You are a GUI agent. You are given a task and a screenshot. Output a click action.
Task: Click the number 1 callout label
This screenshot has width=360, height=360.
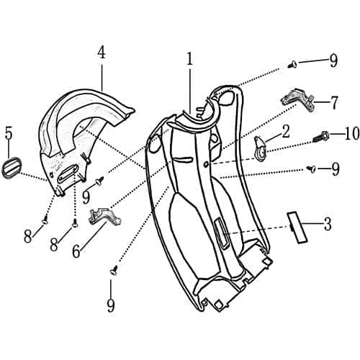pyautogui.click(x=189, y=59)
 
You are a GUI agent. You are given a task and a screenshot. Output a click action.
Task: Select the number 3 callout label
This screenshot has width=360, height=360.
pyautogui.click(x=328, y=224)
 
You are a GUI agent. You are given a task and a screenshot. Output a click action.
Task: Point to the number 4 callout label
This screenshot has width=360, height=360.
pyautogui.click(x=102, y=53)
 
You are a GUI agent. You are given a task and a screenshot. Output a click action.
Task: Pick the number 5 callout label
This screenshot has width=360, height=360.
pyautogui.click(x=9, y=133)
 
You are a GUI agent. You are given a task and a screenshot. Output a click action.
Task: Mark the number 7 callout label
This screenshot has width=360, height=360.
pyautogui.click(x=334, y=103)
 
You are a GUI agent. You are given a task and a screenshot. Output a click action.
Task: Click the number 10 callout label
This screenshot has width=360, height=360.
pyautogui.click(x=331, y=135)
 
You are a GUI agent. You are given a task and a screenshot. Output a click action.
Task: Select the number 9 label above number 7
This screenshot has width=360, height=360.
pyautogui.click(x=333, y=60)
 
